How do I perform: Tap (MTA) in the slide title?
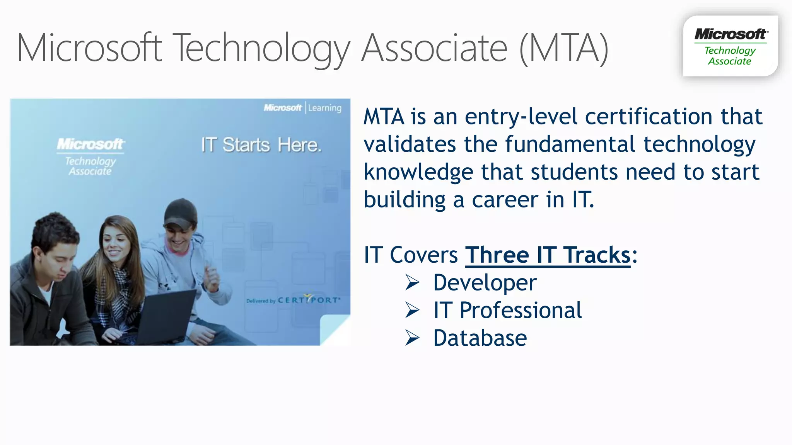[x=564, y=48]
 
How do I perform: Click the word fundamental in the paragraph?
[x=570, y=144]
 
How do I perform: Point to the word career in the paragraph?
[x=505, y=200]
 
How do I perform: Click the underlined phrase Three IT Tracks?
[x=548, y=255]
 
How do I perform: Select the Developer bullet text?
[x=485, y=283]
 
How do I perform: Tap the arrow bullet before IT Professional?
[x=412, y=310]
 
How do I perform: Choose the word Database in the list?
[x=480, y=338]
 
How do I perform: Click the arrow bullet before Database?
[x=412, y=338]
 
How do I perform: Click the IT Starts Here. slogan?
[x=261, y=145]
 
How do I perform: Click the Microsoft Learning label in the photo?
[x=302, y=108]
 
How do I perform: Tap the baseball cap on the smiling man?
[x=180, y=212]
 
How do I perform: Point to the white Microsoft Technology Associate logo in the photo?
[x=90, y=156]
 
